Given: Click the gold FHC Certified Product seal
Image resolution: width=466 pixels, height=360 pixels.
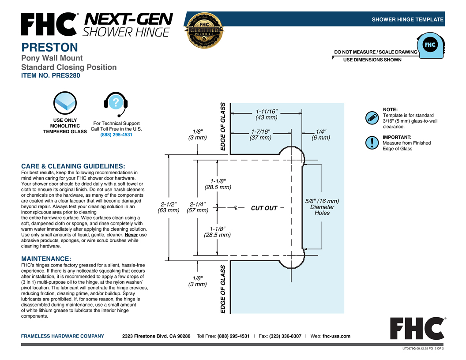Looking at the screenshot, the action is pyautogui.click(x=204, y=30).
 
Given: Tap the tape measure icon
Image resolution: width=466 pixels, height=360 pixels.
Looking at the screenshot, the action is pyautogui.click(x=431, y=45).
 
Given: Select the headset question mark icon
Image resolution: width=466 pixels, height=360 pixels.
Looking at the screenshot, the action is pyautogui.click(x=116, y=104).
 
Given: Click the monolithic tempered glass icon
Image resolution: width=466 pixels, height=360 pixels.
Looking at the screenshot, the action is pyautogui.click(x=65, y=103).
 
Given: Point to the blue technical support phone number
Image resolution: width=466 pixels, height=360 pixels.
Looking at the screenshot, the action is pyautogui.click(x=116, y=135).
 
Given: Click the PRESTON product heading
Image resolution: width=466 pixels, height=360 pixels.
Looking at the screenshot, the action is pyautogui.click(x=49, y=47).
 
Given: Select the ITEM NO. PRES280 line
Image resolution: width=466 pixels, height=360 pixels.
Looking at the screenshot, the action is pyautogui.click(x=50, y=75).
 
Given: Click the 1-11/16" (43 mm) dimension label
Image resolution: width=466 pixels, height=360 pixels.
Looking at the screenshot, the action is pyautogui.click(x=267, y=114).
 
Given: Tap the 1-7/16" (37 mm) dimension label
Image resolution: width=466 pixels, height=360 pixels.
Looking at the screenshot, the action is pyautogui.click(x=261, y=135).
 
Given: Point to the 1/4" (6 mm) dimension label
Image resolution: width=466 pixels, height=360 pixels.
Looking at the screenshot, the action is pyautogui.click(x=321, y=135).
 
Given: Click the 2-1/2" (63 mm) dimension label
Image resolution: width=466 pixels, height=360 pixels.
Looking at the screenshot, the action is pyautogui.click(x=169, y=207).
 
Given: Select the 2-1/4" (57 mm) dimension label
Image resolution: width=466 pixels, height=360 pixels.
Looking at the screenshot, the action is pyautogui.click(x=198, y=207).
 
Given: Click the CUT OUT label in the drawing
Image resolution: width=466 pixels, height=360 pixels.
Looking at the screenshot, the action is pyautogui.click(x=264, y=208).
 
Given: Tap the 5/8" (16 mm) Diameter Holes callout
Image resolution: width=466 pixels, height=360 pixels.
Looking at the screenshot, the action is pyautogui.click(x=322, y=207).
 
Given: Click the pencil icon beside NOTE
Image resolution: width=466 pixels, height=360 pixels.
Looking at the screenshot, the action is pyautogui.click(x=372, y=118).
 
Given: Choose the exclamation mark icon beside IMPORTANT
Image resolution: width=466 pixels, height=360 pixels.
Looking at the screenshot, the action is pyautogui.click(x=372, y=142).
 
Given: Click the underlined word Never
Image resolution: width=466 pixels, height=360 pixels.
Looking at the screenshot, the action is pyautogui.click(x=131, y=235).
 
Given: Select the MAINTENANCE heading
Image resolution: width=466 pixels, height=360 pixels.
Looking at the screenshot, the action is pyautogui.click(x=46, y=259).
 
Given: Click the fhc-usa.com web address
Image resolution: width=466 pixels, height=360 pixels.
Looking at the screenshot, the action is pyautogui.click(x=336, y=336).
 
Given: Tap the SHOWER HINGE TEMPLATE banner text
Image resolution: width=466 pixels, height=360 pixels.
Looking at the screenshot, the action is pyautogui.click(x=407, y=19).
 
